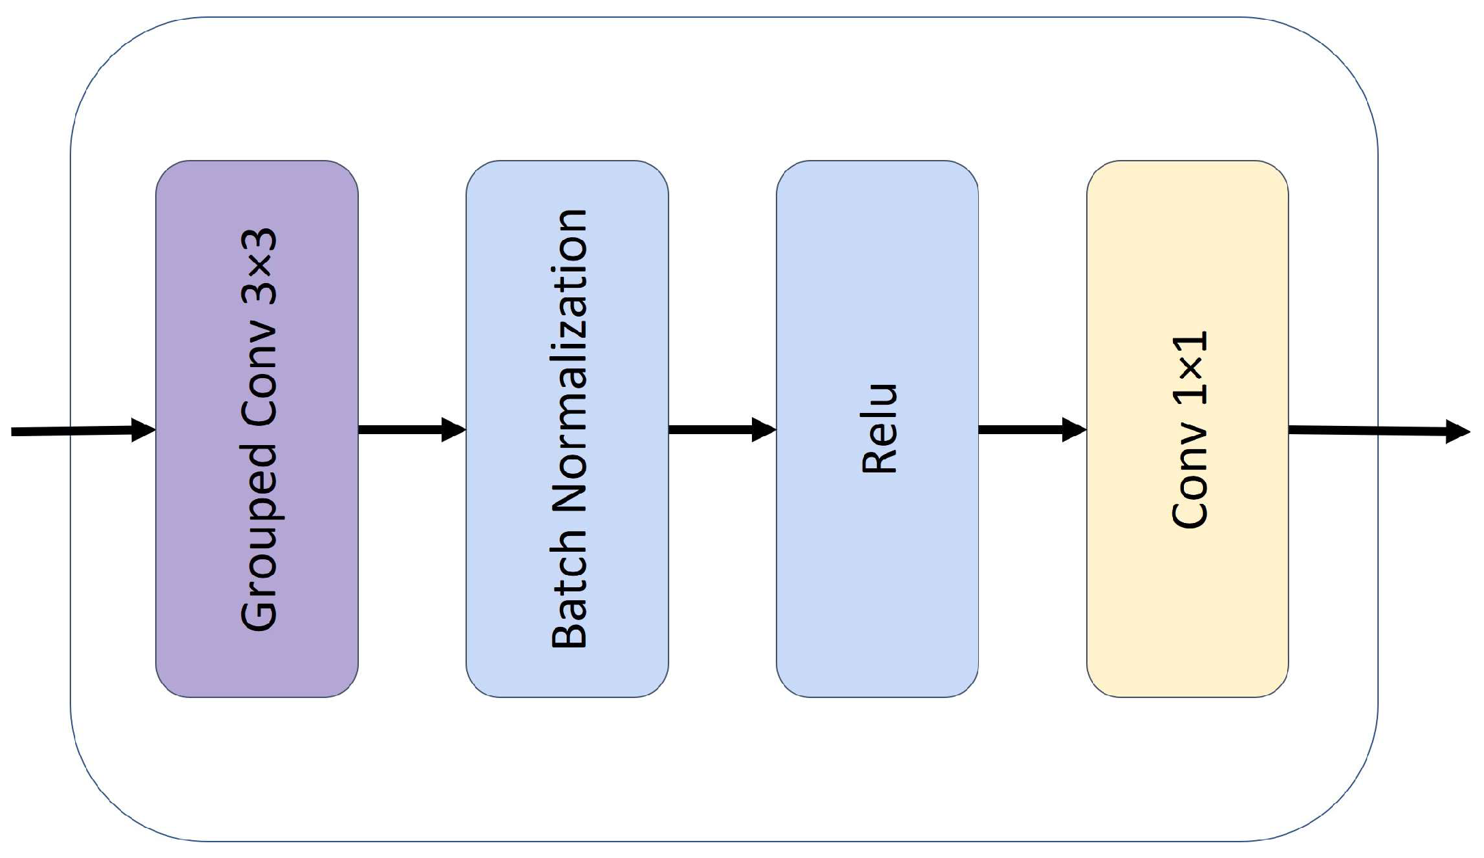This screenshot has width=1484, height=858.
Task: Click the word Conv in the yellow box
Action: [1189, 475]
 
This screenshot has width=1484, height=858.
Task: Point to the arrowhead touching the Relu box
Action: [764, 429]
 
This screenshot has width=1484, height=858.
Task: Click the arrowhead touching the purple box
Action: [144, 430]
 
